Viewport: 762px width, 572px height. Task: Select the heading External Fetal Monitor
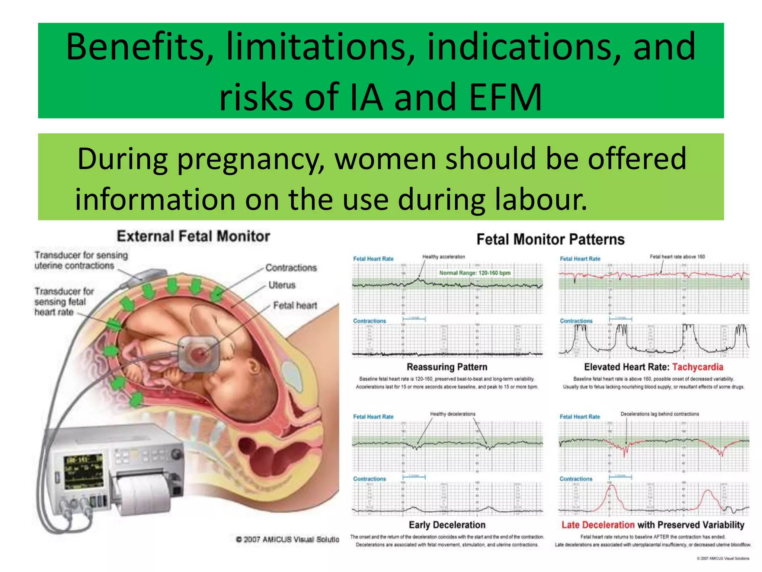click(x=193, y=236)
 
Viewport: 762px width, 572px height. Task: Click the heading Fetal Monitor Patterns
click(x=550, y=239)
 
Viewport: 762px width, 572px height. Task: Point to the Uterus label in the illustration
click(x=282, y=285)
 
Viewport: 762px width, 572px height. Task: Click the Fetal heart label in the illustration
click(x=295, y=306)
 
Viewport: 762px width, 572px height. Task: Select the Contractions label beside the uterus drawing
click(x=291, y=268)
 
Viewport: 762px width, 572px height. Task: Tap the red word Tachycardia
click(x=698, y=367)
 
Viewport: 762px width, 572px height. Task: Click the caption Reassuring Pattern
click(x=447, y=367)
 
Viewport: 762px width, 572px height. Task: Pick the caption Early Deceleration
click(x=447, y=525)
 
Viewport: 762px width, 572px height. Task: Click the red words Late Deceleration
click(x=598, y=525)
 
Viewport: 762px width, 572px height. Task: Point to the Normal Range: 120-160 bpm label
click(x=475, y=273)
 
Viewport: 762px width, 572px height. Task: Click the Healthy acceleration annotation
click(x=444, y=257)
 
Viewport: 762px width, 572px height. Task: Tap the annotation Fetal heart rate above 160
click(x=677, y=257)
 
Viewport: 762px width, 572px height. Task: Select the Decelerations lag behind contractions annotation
click(x=660, y=414)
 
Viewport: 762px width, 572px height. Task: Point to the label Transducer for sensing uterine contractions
click(x=81, y=260)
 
